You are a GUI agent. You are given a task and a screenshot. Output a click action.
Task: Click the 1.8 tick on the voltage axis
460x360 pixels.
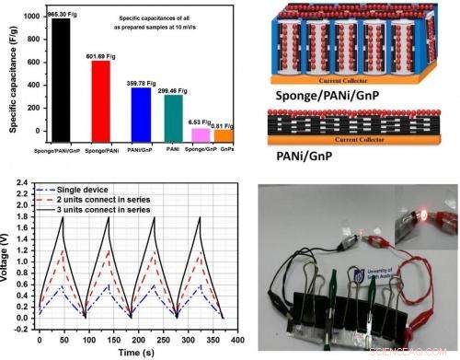[x=27, y=191]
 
